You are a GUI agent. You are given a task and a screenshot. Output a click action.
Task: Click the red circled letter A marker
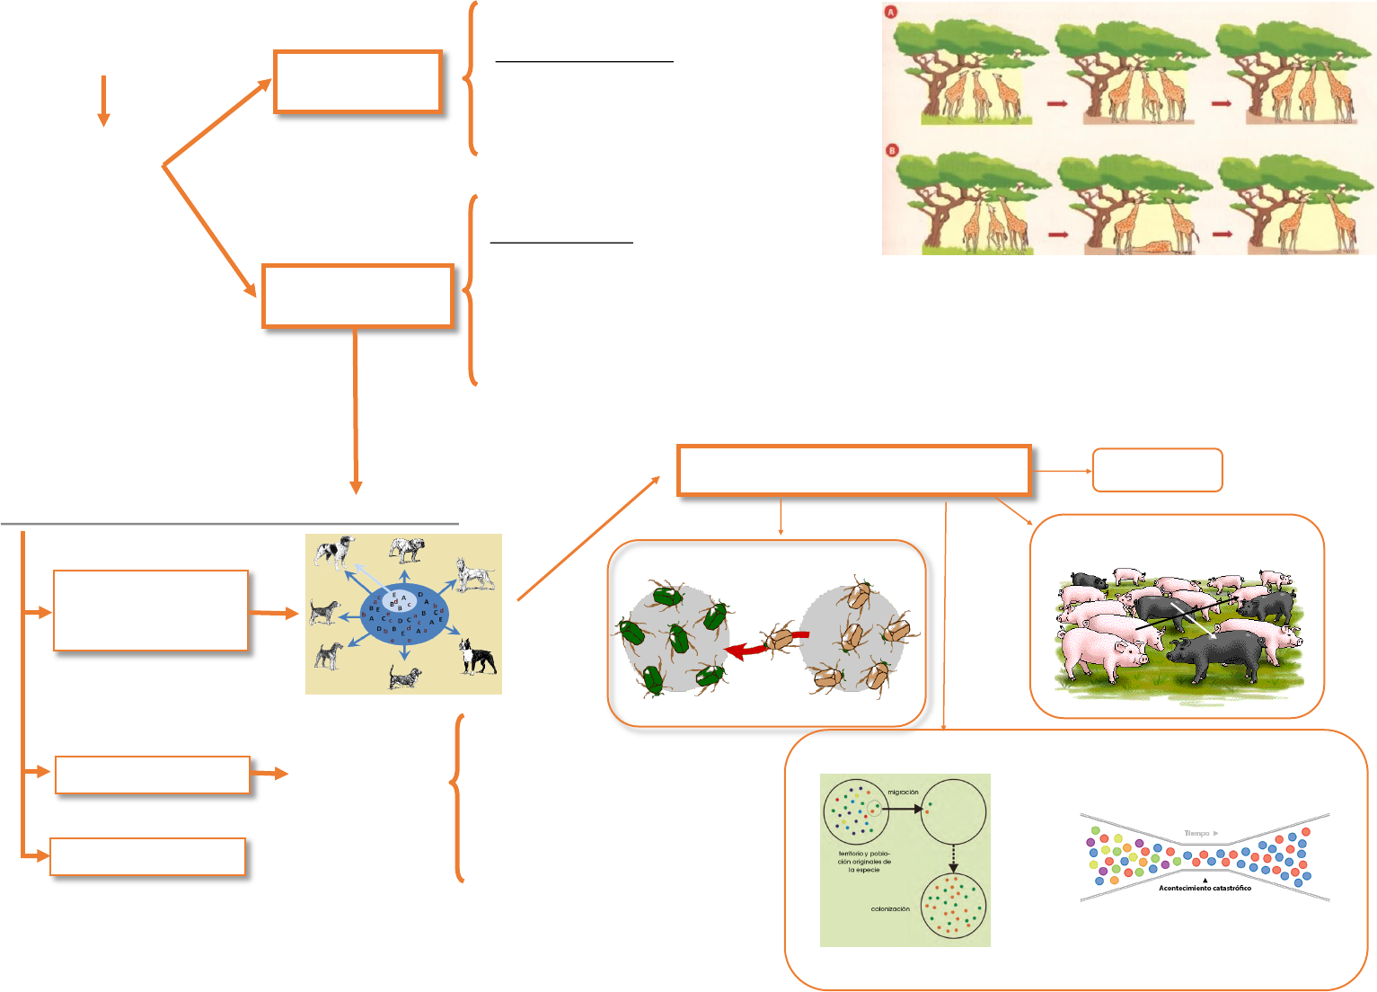point(892,13)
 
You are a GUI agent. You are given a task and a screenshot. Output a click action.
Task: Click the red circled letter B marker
point(893,150)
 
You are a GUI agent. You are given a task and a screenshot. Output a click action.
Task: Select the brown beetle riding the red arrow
point(779,639)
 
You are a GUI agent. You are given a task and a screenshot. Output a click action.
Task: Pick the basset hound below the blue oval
point(405,676)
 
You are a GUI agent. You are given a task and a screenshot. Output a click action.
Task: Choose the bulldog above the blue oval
point(406,548)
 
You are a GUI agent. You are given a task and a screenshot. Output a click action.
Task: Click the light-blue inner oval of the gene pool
point(395,599)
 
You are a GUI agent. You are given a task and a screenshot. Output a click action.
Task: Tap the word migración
point(903,793)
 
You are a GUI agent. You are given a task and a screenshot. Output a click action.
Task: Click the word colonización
point(890,908)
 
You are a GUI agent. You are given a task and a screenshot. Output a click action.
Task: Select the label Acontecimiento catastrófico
point(1205,888)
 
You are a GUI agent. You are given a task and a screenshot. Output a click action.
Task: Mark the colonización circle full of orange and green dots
point(953,906)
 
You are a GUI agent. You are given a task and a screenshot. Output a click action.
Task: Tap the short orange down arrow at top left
point(104,101)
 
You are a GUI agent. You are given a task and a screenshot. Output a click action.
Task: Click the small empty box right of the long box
point(1157,470)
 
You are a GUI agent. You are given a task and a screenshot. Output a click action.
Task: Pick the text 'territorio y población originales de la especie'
point(864,862)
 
